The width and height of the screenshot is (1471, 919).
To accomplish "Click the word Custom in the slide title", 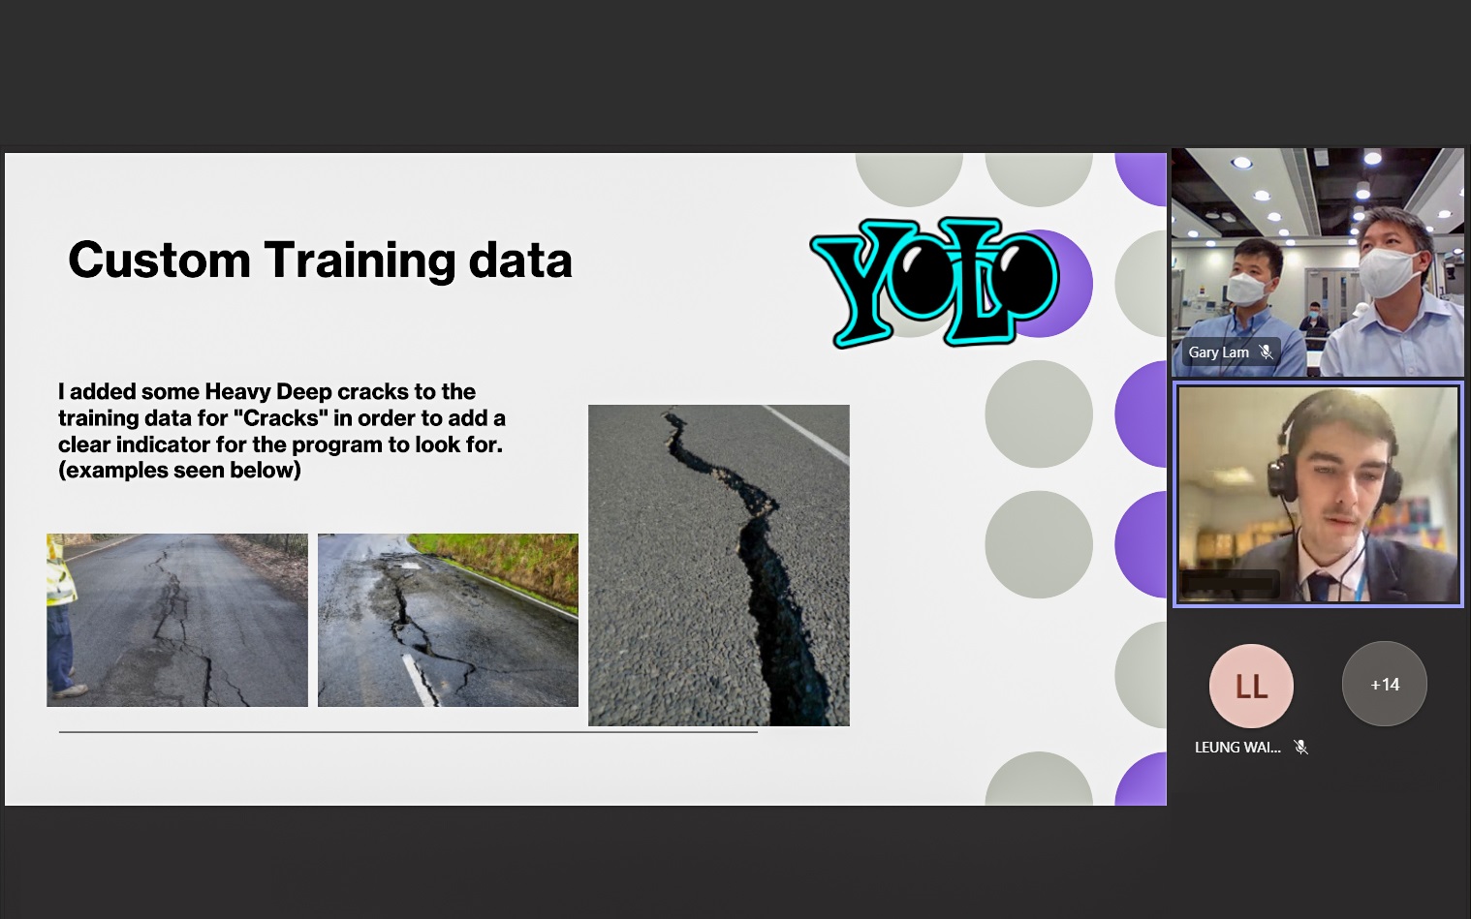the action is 160,260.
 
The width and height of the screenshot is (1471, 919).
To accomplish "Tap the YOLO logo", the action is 934,282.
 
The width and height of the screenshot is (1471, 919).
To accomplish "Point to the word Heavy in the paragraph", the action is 237,392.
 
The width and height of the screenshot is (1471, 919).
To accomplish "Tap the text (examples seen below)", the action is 179,470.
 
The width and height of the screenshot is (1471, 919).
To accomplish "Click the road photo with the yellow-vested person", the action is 177,620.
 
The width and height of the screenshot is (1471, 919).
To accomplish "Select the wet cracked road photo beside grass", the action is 448,620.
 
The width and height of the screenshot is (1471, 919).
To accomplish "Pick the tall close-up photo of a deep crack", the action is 718,566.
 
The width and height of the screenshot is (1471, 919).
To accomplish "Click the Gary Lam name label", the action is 1219,352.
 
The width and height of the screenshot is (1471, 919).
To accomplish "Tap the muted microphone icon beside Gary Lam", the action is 1267,352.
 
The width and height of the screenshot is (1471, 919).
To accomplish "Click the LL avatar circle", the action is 1252,686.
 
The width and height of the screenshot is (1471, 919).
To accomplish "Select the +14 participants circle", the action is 1385,684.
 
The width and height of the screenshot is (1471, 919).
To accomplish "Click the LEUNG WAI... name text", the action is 1237,748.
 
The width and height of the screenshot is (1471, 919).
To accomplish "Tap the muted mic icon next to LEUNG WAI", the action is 1300,747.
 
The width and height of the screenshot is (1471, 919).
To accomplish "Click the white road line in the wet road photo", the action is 419,680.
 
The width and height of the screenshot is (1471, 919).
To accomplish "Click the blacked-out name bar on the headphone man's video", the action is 1230,584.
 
